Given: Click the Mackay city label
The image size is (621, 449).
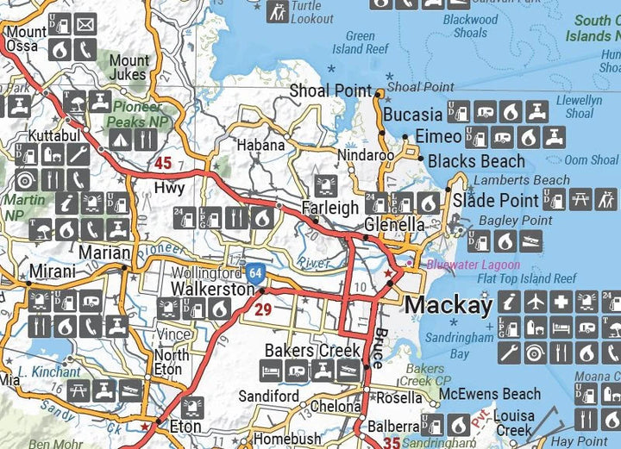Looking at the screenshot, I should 448,304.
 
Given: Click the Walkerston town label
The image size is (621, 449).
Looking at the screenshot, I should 212,290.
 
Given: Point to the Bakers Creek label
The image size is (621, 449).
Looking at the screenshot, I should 300,350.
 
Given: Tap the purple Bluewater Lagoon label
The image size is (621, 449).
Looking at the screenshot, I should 473,265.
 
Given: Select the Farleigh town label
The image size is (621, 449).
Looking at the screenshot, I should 330,208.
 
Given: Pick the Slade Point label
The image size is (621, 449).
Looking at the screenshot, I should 496,201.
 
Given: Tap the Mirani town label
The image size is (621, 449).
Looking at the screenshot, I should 53,271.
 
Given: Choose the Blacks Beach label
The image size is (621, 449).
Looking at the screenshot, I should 476,161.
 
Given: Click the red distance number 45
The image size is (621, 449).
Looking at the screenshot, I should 163,163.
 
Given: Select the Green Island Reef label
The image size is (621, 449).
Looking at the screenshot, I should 361,43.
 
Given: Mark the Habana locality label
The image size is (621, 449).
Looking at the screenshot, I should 261,145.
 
